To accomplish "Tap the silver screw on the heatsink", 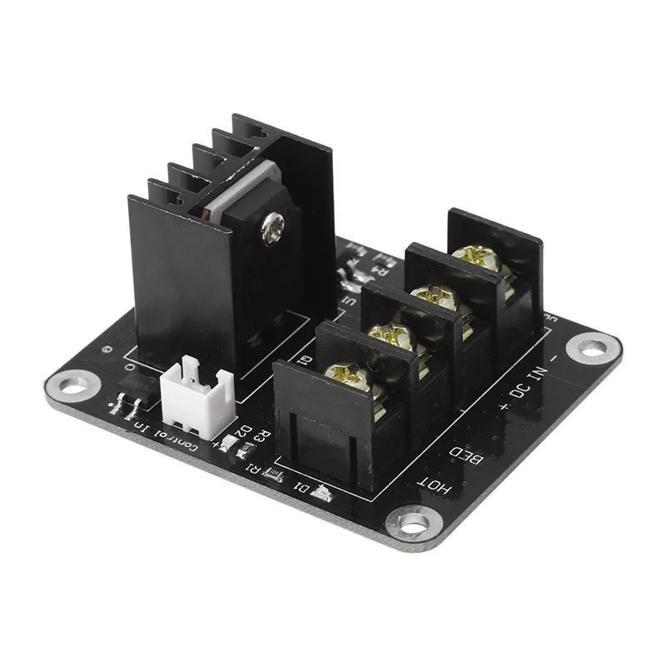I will [271, 223].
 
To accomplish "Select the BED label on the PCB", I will [467, 454].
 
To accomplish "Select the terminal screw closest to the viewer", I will [346, 375].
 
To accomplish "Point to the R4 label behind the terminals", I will [380, 268].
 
